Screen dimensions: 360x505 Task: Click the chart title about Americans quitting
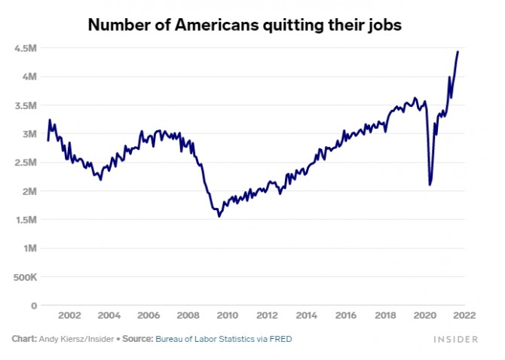[245, 24]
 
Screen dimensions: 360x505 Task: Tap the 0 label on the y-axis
[33, 306]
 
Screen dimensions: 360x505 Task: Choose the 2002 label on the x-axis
[69, 316]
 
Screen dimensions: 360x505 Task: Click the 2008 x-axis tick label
[188, 316]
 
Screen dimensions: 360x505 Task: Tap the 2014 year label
[306, 316]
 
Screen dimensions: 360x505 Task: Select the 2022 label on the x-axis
[464, 316]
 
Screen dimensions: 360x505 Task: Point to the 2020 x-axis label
[424, 316]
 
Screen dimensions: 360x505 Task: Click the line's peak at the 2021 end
[458, 51]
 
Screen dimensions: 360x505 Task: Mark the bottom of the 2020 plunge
[430, 185]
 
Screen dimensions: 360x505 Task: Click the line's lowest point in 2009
[219, 216]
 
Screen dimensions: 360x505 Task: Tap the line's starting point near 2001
[47, 140]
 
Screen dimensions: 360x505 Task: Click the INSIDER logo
[455, 340]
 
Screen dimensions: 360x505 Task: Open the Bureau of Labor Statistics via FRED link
[223, 340]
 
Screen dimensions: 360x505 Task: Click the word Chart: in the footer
[23, 340]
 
